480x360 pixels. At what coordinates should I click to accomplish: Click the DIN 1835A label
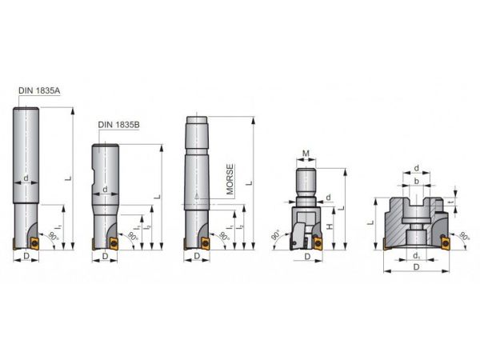pyautogui.click(x=39, y=90)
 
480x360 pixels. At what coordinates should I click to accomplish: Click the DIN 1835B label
pyautogui.click(x=118, y=125)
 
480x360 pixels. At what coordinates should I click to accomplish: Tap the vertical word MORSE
pyautogui.click(x=230, y=179)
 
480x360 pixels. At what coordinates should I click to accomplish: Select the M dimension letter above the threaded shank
pyautogui.click(x=306, y=154)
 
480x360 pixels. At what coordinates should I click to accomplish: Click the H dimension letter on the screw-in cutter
pyautogui.click(x=329, y=227)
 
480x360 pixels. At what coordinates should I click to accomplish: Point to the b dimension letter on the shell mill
pyautogui.click(x=416, y=182)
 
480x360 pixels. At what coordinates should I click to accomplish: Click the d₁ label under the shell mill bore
pyautogui.click(x=416, y=256)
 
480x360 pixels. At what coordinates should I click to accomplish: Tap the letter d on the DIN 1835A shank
pyautogui.click(x=26, y=178)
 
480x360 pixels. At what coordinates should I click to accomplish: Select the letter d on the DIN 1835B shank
pyautogui.click(x=105, y=190)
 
